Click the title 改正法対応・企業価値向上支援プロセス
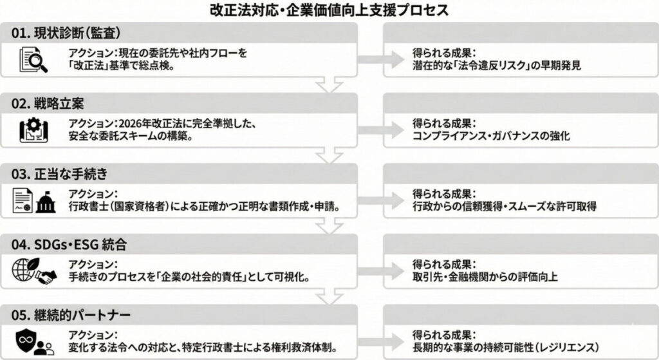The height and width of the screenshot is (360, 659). (329, 10)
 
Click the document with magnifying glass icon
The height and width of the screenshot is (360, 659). (30, 60)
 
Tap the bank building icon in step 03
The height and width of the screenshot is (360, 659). (46, 201)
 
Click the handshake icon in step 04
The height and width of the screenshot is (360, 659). (46, 273)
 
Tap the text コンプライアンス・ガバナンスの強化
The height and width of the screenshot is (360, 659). (492, 137)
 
